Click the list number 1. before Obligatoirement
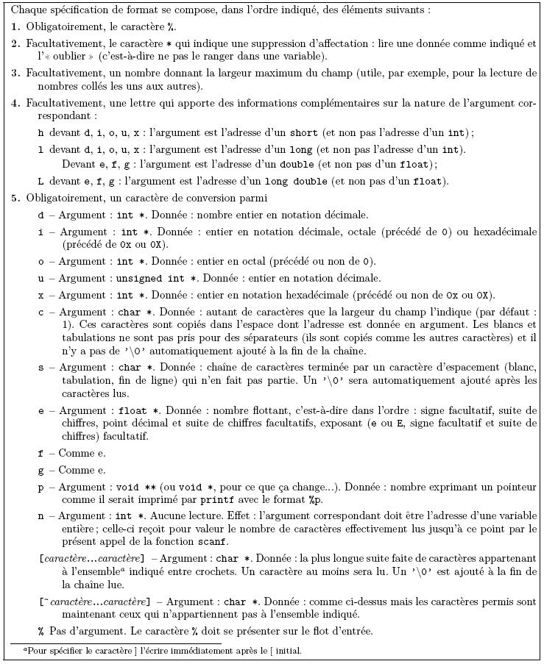pos(15,27)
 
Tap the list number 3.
pos(15,74)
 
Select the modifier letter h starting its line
pos(40,133)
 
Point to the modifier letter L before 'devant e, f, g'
pos(40,181)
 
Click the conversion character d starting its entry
pos(40,215)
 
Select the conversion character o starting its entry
pos(40,262)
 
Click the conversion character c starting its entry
pos(40,312)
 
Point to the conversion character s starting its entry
pos(40,367)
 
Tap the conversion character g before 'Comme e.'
pos(40,471)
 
